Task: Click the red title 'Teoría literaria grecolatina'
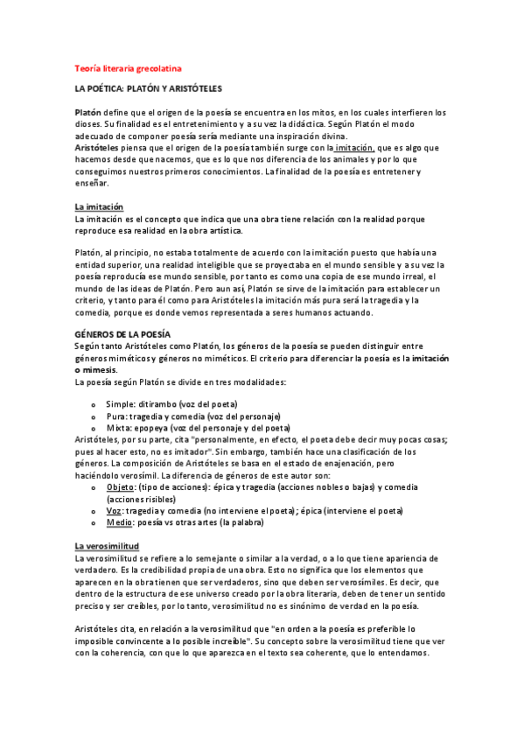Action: tap(127, 66)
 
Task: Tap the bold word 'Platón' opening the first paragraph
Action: tap(87, 113)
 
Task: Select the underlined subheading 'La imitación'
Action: tap(99, 206)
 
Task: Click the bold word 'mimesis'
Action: tap(100, 369)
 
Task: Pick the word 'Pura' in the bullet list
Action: tap(116, 416)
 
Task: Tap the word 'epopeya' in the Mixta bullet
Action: tap(150, 428)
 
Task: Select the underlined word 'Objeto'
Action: tap(121, 486)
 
